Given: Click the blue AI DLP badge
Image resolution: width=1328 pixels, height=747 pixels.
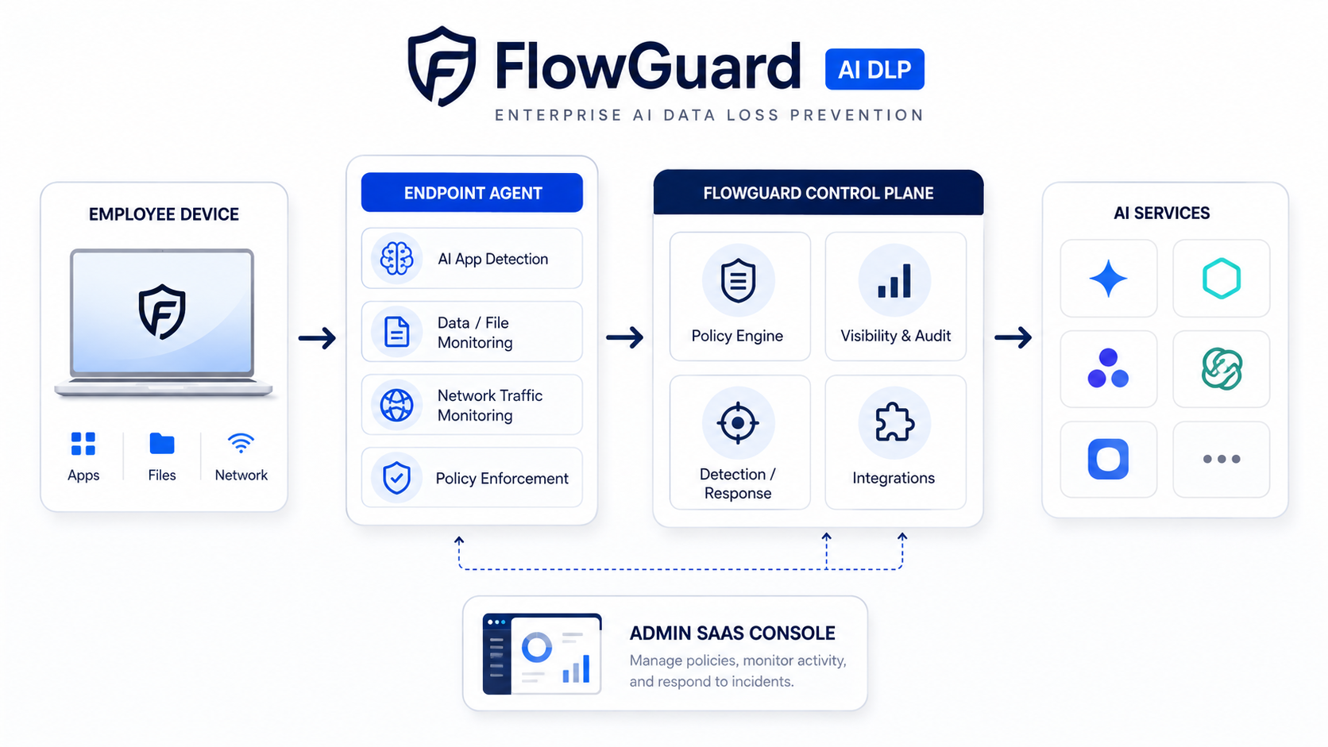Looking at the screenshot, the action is pos(874,69).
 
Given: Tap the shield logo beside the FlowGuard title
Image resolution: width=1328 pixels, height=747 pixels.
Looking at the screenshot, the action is pos(442,66).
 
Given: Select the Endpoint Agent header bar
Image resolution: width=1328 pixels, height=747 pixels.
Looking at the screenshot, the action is pos(472,193).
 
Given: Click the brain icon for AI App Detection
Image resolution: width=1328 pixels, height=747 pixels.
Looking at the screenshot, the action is pos(396,258).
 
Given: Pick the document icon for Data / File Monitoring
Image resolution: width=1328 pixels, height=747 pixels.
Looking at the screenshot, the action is pos(396,332).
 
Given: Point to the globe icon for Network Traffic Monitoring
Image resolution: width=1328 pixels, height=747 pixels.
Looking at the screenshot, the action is pos(396,405).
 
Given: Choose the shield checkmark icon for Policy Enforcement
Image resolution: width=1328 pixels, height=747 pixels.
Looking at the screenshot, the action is pos(396,477).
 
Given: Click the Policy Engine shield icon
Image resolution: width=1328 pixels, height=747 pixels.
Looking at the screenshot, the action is pos(738,280).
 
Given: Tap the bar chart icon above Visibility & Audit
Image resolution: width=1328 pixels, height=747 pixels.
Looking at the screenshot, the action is pos(894,281).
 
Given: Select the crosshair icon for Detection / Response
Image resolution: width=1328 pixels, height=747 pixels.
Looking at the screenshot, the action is pos(738,423).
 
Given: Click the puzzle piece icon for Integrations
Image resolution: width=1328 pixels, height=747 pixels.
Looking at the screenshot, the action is pos(894,422).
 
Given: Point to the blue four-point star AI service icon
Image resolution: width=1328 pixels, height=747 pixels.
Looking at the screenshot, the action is pos(1108,279).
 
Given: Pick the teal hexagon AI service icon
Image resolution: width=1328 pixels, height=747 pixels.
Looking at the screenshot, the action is pos(1222,279).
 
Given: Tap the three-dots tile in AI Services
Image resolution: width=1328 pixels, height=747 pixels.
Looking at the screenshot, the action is pos(1222,459).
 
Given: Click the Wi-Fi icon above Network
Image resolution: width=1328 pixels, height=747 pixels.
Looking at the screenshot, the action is pos(241,443).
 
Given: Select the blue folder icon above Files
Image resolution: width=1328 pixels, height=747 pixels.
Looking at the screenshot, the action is pos(162,443).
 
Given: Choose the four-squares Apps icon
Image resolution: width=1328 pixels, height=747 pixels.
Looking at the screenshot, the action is pos(83,444).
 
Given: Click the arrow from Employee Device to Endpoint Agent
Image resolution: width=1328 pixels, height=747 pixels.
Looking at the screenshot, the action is pos(317,338).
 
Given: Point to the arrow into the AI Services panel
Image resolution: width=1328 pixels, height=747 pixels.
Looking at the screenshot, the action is pos(1013,337).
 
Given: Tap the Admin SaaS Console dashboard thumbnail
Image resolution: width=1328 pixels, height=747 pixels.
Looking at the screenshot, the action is pos(542,654).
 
